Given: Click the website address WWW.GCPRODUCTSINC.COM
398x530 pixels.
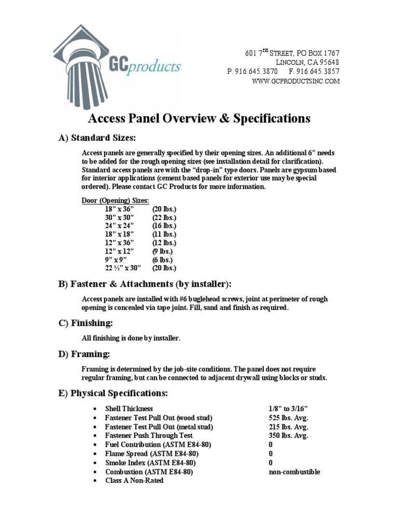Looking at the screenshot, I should pos(296,81).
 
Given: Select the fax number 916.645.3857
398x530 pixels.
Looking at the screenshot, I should pos(318,71).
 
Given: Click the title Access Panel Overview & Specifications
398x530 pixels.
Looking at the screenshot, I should pos(200,119).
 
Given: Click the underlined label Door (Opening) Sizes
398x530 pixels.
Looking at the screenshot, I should pos(115,201).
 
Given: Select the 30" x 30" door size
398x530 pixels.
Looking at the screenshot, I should pos(119,217).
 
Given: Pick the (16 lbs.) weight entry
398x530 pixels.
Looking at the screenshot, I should pos(164,226).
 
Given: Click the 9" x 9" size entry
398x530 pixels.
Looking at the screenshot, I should pos(115,259).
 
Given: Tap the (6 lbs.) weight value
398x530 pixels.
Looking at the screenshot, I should pos(162,259).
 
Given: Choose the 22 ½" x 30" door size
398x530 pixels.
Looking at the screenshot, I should pos(123,268).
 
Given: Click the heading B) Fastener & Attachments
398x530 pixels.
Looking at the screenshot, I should pos(145,284).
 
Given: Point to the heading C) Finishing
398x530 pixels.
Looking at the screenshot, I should pos(85,323).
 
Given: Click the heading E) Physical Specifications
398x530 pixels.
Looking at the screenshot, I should pos(112,393).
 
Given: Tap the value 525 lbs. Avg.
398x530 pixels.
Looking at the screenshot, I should pos(288,418).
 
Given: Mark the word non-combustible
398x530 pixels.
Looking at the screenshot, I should pos(294,472).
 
